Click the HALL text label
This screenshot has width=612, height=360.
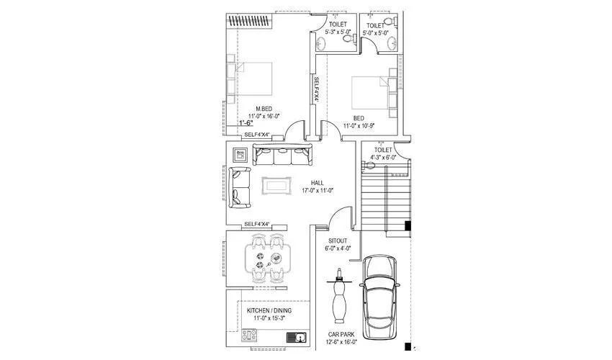[x=317, y=183]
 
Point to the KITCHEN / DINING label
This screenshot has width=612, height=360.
[x=269, y=310]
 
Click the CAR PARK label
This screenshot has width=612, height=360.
[x=341, y=336]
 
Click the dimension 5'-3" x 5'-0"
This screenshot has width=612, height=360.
[x=338, y=32]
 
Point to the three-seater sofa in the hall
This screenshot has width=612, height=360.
[x=283, y=156]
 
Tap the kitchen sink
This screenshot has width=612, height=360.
[x=296, y=336]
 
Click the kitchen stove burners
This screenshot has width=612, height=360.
[x=250, y=335]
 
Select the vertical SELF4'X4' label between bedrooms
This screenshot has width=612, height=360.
[x=315, y=91]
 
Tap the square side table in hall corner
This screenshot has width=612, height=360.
[x=240, y=154]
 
